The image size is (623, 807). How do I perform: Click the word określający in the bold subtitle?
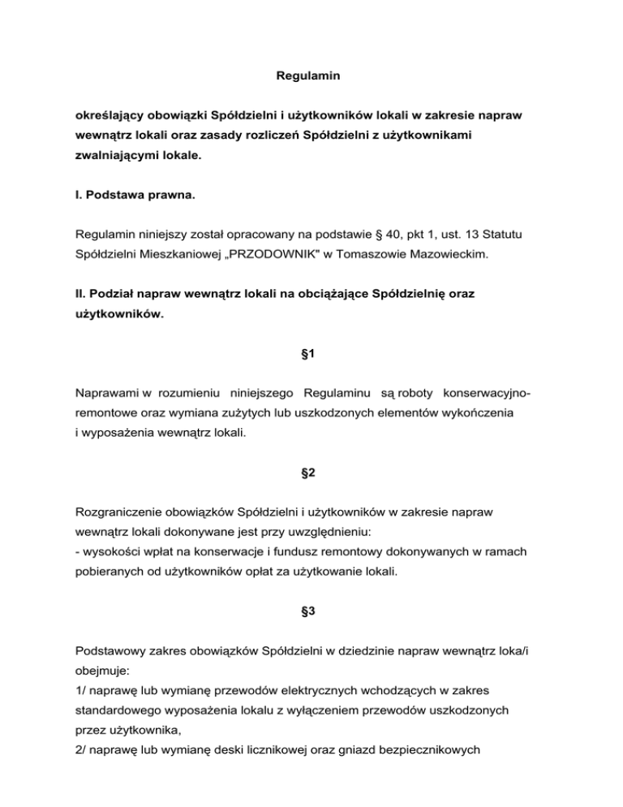click(107, 117)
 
